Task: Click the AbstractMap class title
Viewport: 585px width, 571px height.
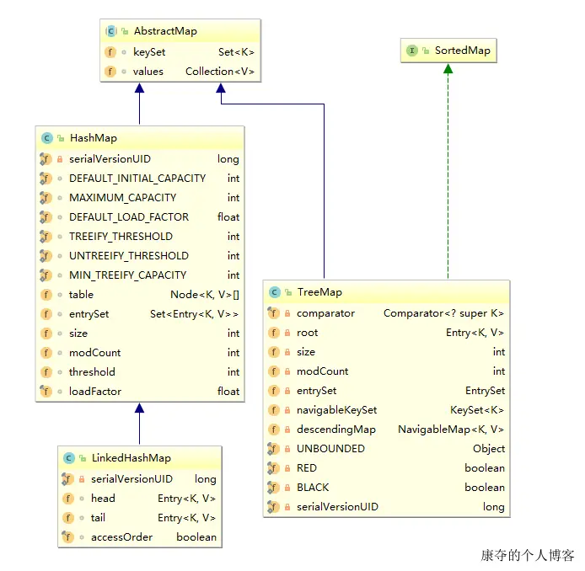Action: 165,31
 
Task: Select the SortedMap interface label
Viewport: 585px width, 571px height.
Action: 463,51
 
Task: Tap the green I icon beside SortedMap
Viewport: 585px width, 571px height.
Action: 412,51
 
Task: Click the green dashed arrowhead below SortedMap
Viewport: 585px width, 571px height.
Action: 448,68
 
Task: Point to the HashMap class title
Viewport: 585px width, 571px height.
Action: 94,138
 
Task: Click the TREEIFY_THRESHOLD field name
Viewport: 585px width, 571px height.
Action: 121,237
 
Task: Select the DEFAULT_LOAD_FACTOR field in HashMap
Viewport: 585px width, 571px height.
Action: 129,217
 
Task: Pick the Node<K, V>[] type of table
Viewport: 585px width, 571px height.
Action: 205,295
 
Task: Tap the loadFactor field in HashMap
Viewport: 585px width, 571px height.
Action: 95,392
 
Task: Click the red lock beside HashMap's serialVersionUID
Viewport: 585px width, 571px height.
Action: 60,159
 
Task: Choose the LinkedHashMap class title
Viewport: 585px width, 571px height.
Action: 131,457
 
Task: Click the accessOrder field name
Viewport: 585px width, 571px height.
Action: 121,537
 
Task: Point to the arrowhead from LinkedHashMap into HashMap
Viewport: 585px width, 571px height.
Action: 140,408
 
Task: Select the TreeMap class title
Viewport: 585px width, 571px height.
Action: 319,292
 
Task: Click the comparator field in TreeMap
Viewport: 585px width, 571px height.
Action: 325,313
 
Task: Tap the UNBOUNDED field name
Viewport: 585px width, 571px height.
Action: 330,449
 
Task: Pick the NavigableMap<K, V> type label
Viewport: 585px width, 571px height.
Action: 451,430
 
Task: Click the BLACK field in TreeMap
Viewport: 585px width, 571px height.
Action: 313,488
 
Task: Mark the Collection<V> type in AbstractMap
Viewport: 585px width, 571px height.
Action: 220,72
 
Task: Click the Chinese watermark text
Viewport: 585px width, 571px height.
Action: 527,555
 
